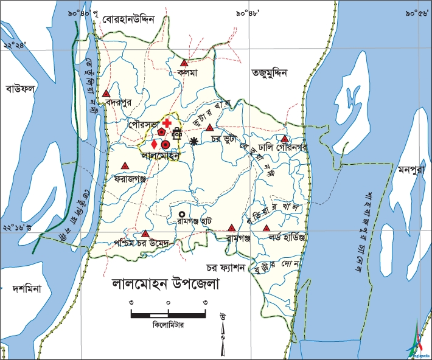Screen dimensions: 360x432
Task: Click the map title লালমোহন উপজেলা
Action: tap(165, 284)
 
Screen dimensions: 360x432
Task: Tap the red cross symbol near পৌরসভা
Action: tap(167, 123)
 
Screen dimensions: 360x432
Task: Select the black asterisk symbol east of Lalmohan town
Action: tap(194, 142)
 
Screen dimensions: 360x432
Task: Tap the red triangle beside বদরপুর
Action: tap(106, 94)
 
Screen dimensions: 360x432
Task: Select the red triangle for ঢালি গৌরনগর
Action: tap(284, 139)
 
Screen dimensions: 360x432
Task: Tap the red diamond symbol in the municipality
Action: tap(154, 145)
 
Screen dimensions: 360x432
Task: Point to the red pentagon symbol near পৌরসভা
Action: tap(161, 131)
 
